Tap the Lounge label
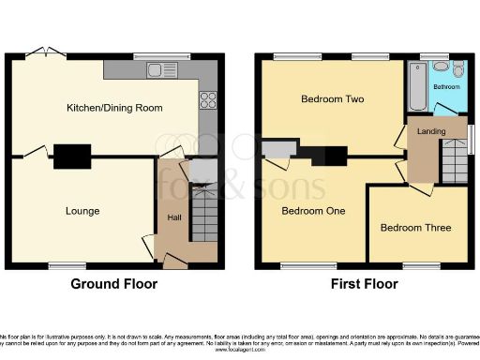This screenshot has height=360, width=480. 82,211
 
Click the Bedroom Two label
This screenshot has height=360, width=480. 332,98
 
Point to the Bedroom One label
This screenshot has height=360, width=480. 314,211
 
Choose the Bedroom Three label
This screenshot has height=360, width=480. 415,228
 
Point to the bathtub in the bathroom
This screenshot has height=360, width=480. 416,86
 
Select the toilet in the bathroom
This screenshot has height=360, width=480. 457,70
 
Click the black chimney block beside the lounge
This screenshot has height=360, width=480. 71,156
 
